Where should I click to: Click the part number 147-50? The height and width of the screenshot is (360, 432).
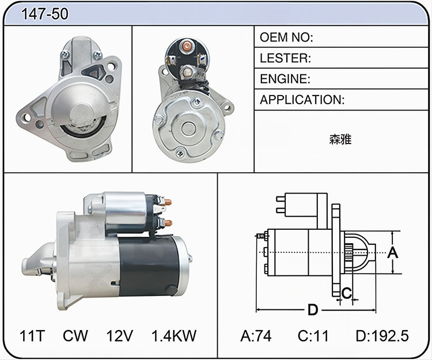point(44,13)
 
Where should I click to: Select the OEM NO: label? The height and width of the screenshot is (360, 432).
point(286,37)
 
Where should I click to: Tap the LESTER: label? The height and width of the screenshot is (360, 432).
point(285,58)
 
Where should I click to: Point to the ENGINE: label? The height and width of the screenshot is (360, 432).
point(285,79)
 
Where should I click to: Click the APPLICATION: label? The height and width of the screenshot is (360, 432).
point(302,100)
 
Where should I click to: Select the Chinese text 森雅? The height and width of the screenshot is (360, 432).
point(340,139)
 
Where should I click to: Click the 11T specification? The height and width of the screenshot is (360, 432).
point(32,335)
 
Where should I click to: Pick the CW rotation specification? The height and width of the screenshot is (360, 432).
point(75,335)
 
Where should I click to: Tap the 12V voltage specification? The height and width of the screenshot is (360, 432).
point(120,335)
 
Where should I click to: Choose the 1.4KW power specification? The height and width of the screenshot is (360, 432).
point(174,335)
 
